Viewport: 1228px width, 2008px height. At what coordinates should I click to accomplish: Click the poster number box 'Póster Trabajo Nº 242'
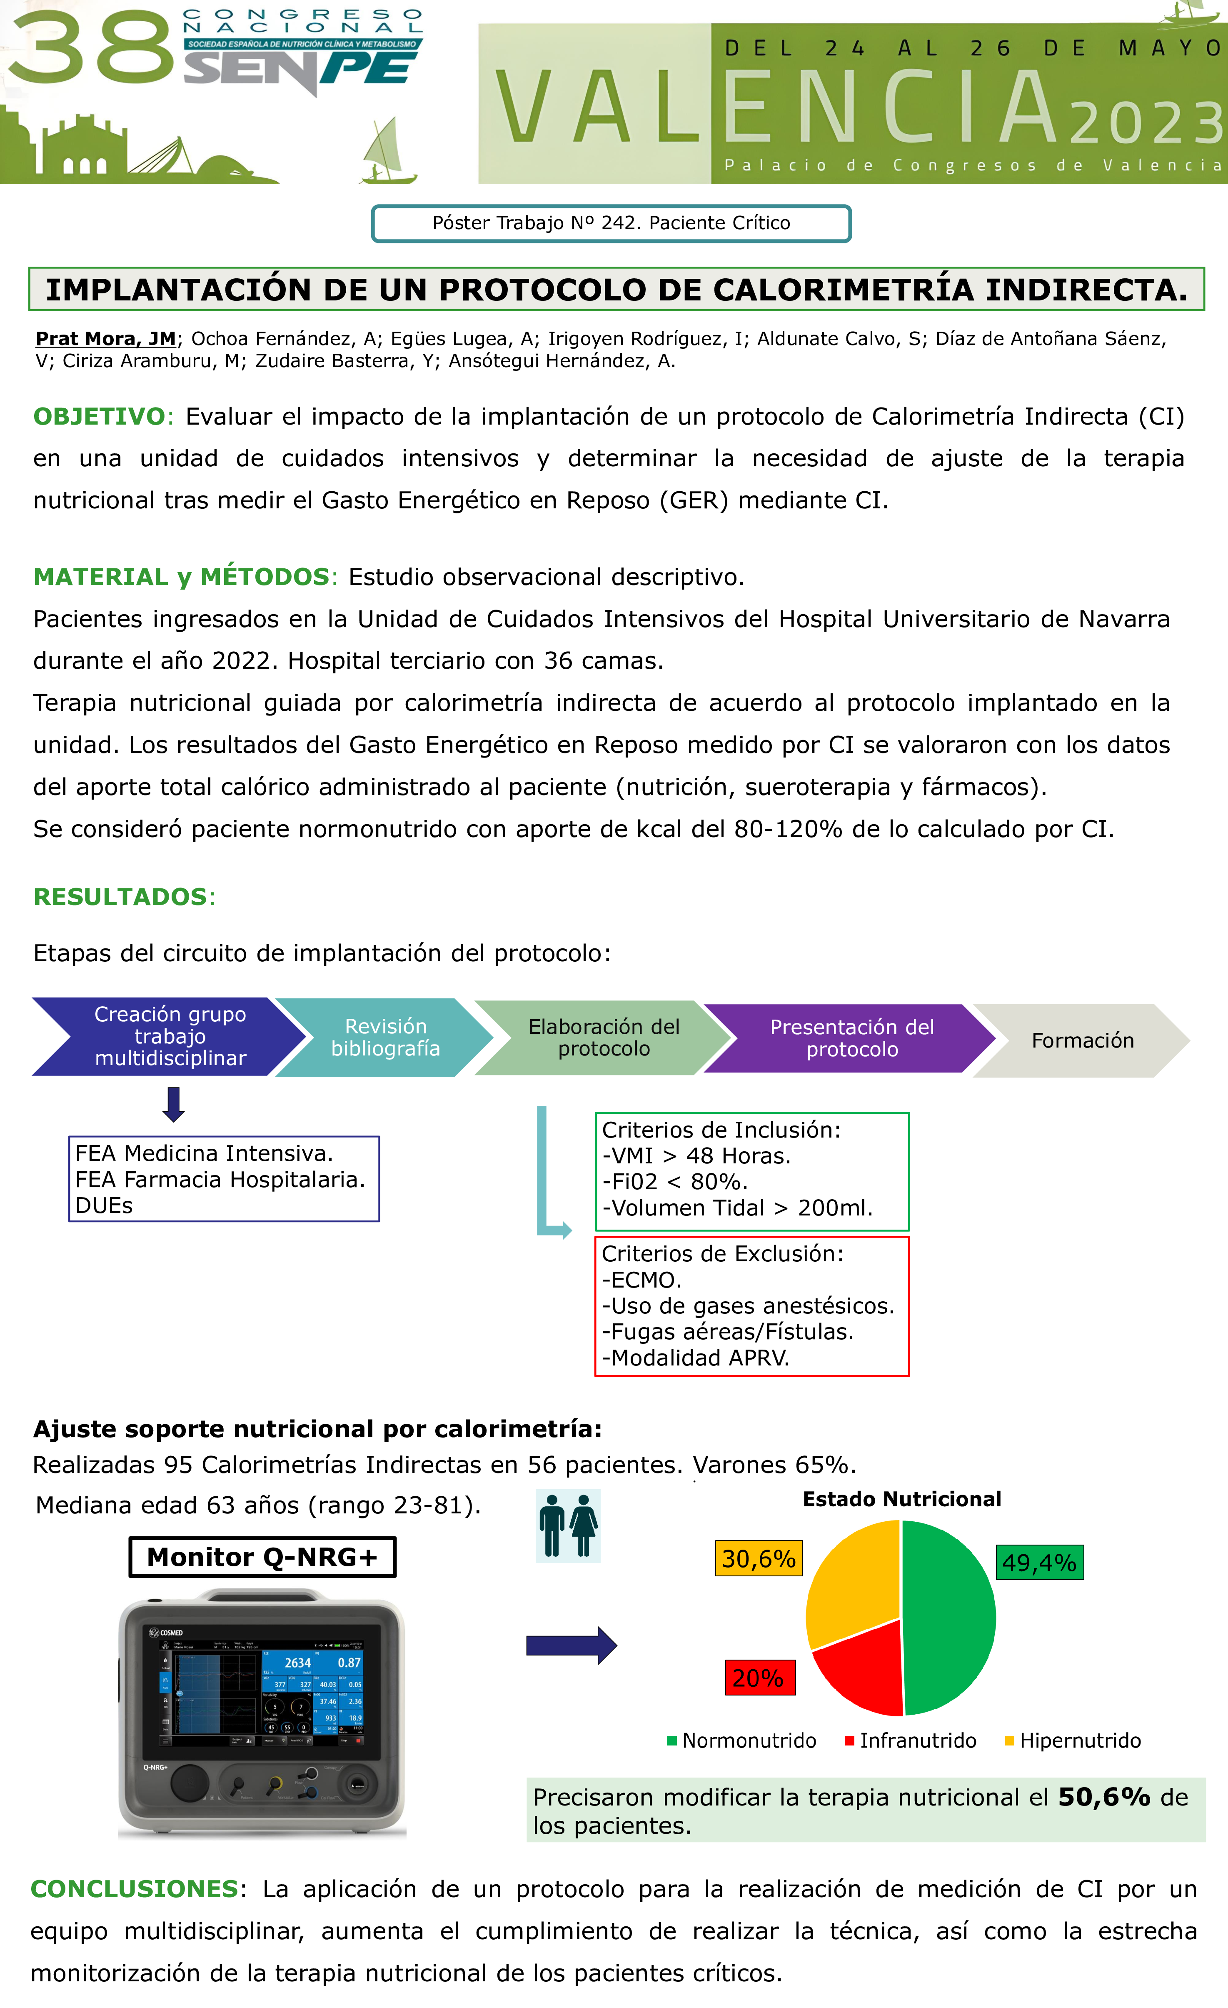tap(611, 223)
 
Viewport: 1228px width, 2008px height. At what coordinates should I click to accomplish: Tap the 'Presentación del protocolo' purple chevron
tap(851, 1038)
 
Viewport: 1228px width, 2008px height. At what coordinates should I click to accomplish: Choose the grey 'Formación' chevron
tap(1082, 1041)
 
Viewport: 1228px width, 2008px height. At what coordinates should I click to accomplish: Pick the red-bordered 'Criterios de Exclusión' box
tap(751, 1305)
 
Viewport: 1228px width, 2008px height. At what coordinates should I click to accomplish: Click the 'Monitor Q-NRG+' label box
tap(262, 1557)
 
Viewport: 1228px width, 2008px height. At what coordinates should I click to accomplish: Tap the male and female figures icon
tap(568, 1525)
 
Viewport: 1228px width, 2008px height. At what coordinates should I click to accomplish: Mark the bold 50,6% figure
tap(1103, 1797)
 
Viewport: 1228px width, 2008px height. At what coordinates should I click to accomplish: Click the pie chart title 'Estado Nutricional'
tap(901, 1500)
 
